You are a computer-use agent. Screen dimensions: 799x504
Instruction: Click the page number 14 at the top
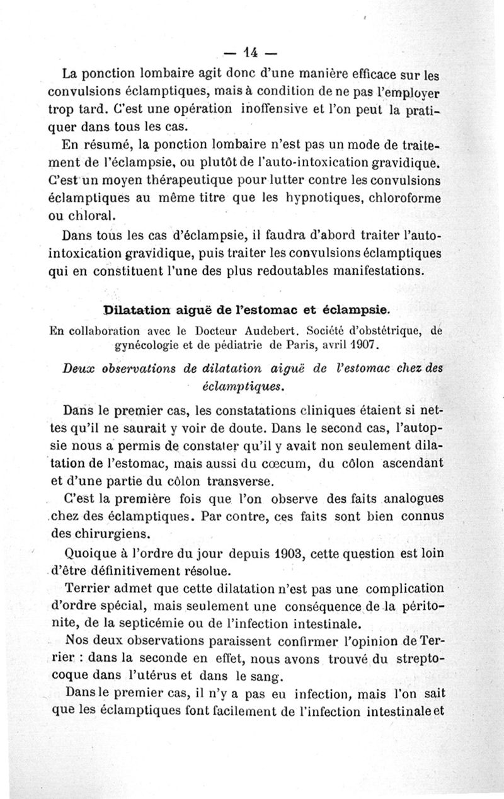pyautogui.click(x=253, y=51)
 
